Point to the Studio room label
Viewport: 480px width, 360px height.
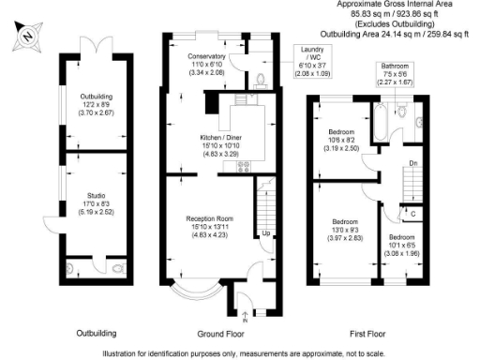click(96, 203)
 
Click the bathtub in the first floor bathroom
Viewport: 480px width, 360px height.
click(381, 121)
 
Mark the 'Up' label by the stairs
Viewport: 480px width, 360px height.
click(266, 233)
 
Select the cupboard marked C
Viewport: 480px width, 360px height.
click(413, 214)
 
